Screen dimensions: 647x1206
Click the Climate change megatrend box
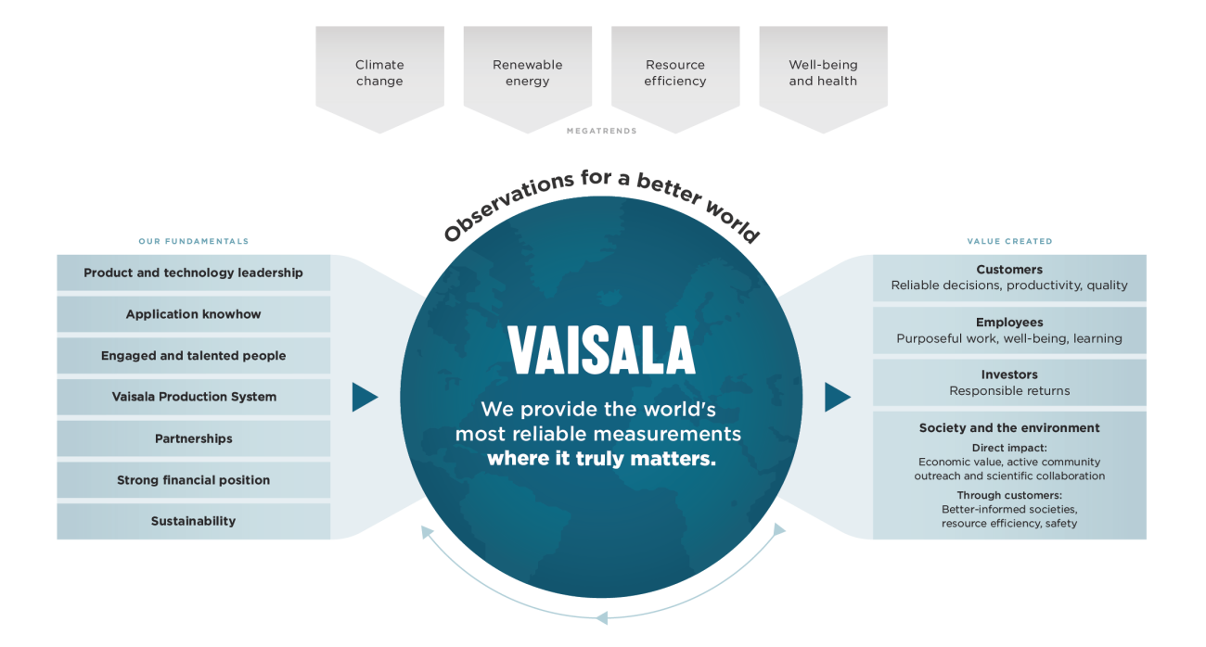pyautogui.click(x=379, y=73)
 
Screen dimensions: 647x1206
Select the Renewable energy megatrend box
pyautogui.click(x=527, y=73)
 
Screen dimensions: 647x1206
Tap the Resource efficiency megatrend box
pyautogui.click(x=675, y=73)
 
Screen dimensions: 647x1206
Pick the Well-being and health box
pyautogui.click(x=823, y=73)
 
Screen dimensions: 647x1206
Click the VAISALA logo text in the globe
pyautogui.click(x=601, y=351)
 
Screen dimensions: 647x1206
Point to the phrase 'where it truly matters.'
pyautogui.click(x=601, y=458)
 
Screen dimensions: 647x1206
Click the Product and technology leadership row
pyautogui.click(x=193, y=273)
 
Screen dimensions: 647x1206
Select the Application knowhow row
pyautogui.click(x=193, y=314)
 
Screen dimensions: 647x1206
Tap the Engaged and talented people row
pyautogui.click(x=193, y=356)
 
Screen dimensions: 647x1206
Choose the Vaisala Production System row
pyautogui.click(x=193, y=397)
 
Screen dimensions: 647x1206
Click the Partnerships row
pyautogui.click(x=193, y=438)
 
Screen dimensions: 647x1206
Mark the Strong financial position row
pyautogui.click(x=193, y=480)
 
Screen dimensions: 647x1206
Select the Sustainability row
pyautogui.click(x=193, y=521)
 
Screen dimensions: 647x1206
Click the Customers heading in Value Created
pyautogui.click(x=1009, y=270)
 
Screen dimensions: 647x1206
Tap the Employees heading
pyautogui.click(x=1009, y=323)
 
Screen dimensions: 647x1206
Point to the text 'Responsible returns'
pyautogui.click(x=1009, y=391)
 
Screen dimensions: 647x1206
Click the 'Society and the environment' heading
pyautogui.click(x=1009, y=428)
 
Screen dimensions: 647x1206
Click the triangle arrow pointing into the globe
pyautogui.click(x=364, y=398)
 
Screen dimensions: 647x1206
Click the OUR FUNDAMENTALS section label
pyautogui.click(x=193, y=241)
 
